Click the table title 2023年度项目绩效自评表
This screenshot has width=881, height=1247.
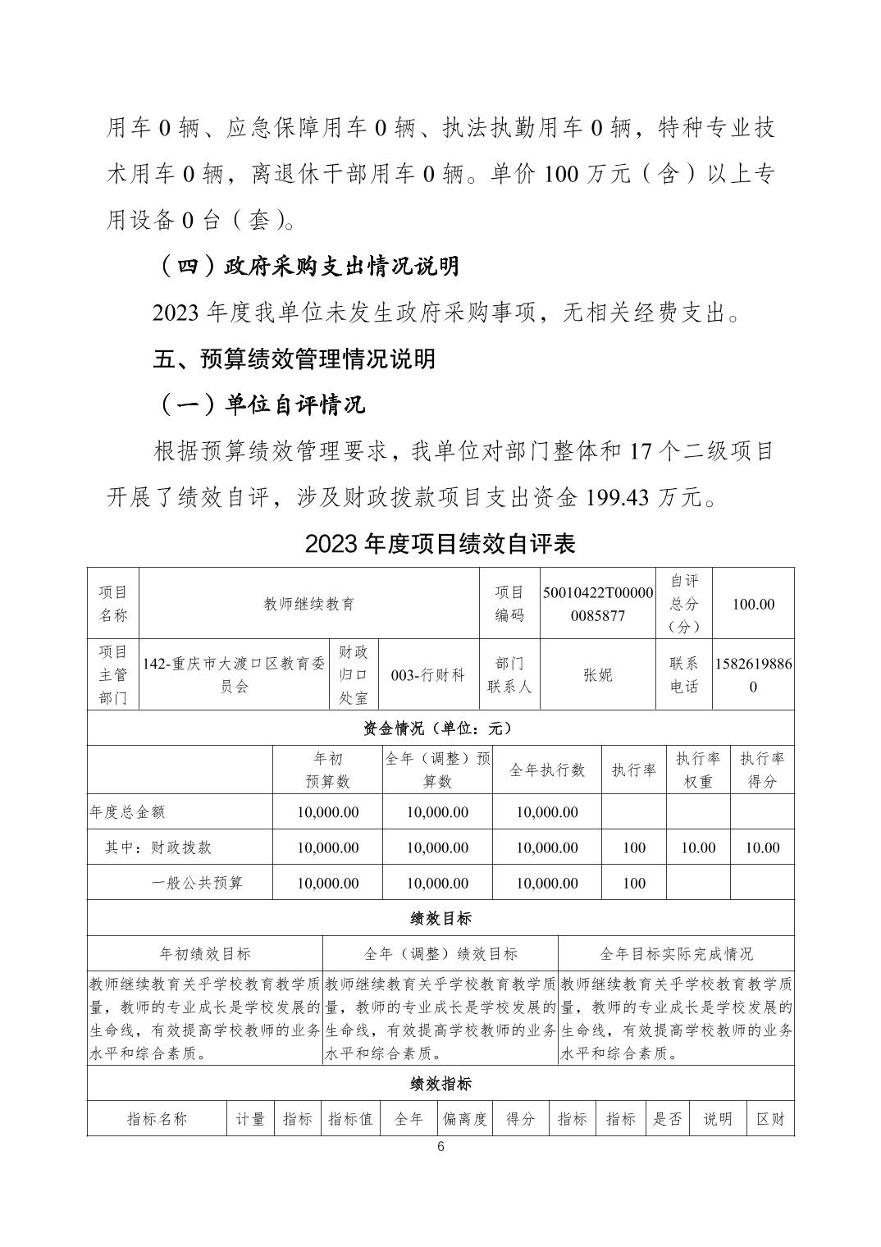tap(440, 543)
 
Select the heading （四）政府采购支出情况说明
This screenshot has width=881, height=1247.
tap(308, 266)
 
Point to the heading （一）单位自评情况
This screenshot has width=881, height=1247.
tap(260, 404)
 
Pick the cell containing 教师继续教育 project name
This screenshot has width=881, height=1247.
tap(309, 604)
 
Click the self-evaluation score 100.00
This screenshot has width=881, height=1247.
tap(753, 604)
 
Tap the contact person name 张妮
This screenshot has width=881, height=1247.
tap(598, 675)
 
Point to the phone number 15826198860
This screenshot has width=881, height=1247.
tap(753, 675)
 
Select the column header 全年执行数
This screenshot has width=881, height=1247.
tap(547, 770)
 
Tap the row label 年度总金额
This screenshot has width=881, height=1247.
tap(127, 812)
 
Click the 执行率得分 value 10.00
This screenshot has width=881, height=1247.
tap(762, 847)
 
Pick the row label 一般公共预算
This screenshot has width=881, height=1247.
tap(197, 884)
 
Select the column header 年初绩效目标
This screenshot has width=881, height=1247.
tap(205, 953)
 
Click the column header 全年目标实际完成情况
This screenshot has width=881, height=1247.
tap(676, 953)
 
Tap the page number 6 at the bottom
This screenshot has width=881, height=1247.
tap(440, 1147)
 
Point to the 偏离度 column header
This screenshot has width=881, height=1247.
tap(465, 1119)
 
